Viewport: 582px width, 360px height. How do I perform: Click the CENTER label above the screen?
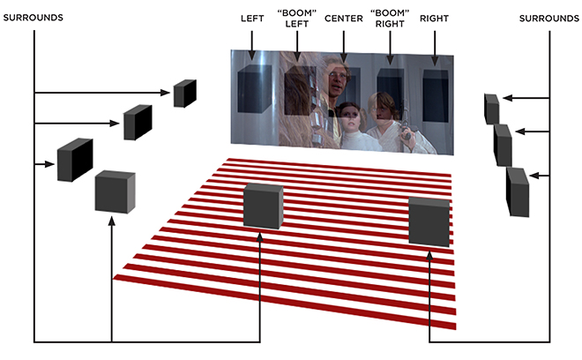tap(343, 19)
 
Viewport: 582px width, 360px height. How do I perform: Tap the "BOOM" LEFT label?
tap(297, 19)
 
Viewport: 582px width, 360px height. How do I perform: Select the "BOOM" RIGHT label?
tap(390, 19)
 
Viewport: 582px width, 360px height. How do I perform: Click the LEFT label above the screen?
tap(252, 19)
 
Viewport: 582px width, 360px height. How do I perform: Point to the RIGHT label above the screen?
tap(434, 19)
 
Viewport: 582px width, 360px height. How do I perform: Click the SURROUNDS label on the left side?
tap(33, 18)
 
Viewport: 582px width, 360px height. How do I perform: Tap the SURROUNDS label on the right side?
tap(549, 19)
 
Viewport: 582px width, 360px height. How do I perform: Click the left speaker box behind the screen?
tap(255, 89)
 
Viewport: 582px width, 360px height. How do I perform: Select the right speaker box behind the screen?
tap(436, 95)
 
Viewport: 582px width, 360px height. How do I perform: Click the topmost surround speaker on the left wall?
tap(185, 94)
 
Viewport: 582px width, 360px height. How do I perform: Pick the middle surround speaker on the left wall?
tap(138, 123)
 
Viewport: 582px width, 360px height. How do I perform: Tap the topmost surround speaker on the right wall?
tap(491, 109)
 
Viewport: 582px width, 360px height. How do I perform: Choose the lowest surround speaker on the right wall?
tap(518, 192)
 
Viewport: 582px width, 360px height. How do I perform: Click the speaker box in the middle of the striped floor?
tap(263, 206)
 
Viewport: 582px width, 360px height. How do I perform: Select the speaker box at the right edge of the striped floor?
tap(429, 221)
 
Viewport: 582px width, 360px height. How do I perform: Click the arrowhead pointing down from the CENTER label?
tap(344, 58)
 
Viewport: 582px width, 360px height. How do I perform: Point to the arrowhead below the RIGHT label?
tap(435, 61)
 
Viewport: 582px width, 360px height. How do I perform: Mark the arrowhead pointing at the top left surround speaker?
tap(165, 93)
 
